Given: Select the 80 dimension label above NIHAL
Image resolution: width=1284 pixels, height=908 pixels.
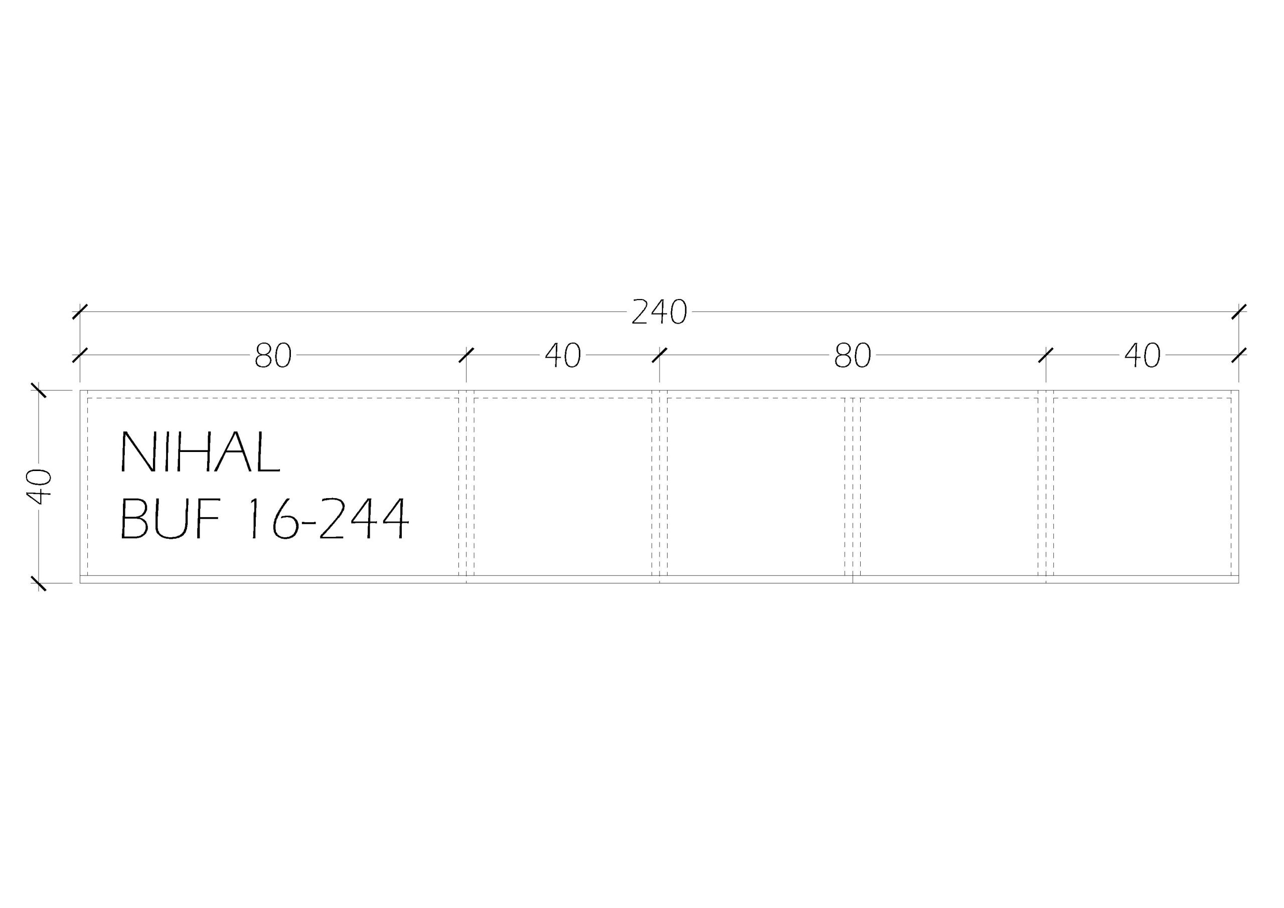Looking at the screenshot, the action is [x=273, y=355].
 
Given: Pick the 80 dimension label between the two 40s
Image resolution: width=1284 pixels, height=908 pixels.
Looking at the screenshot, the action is [x=853, y=355].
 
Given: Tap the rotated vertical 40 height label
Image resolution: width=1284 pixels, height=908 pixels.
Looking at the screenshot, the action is [x=39, y=486].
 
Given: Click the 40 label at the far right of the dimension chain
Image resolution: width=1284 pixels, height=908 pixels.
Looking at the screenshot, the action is [x=1143, y=355].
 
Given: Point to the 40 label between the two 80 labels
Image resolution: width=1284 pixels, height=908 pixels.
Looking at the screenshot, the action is [x=563, y=355].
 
